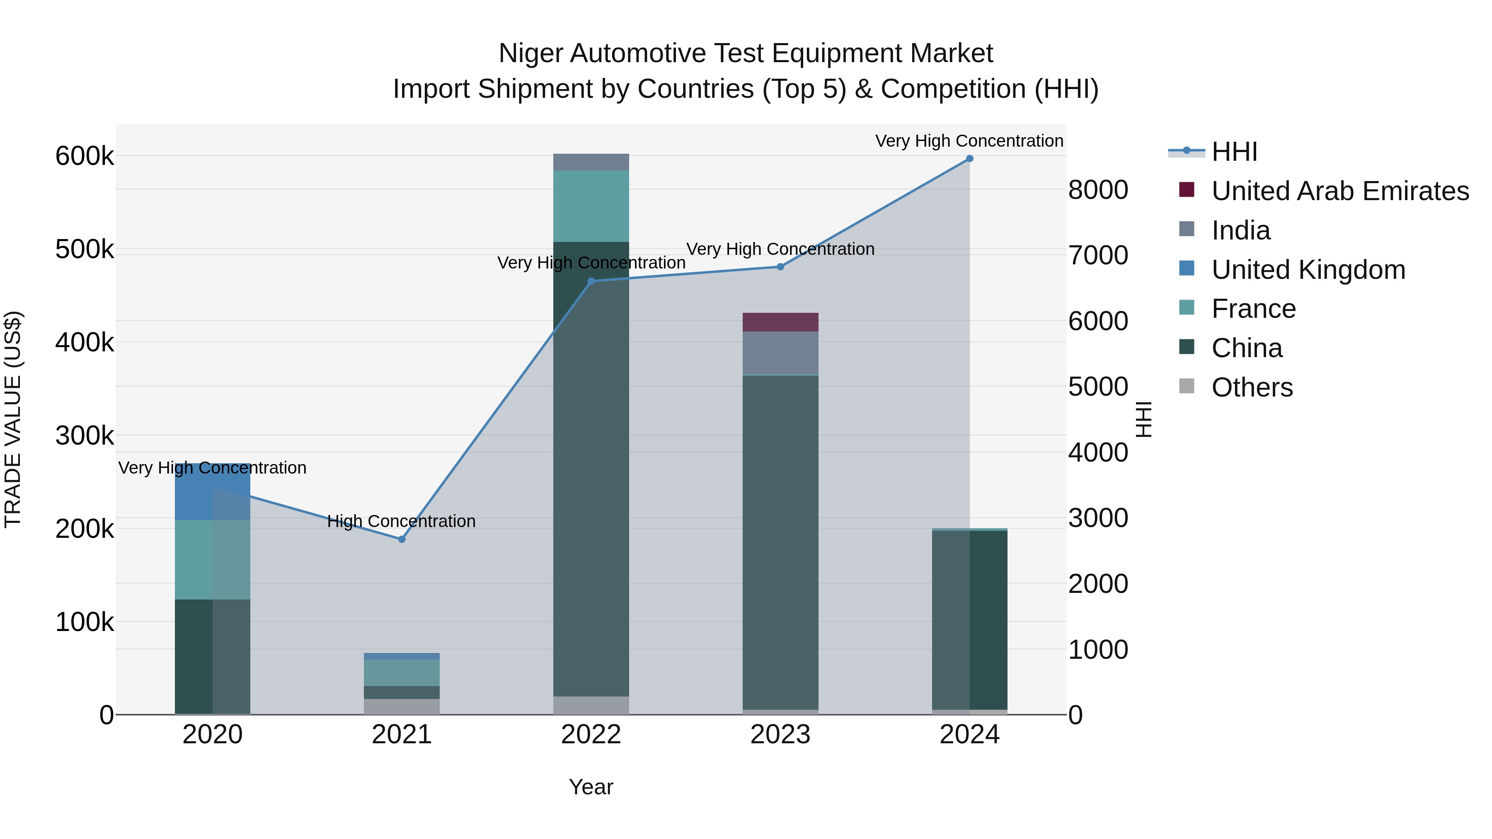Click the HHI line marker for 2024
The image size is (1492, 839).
(969, 159)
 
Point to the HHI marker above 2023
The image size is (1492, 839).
(780, 267)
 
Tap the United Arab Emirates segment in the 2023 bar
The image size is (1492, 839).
(780, 322)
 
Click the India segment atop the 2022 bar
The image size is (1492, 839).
(591, 162)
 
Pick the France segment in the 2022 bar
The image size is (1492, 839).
(591, 206)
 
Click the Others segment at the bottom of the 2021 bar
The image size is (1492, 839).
(401, 706)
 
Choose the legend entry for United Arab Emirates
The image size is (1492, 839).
(1339, 191)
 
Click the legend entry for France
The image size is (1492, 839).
(1253, 309)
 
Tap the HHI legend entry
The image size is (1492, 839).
(1234, 152)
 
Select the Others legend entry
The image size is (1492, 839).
(1251, 387)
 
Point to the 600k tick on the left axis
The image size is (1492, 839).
(85, 156)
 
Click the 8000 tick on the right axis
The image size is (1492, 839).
(1097, 190)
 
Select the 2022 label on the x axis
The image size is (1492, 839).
(591, 735)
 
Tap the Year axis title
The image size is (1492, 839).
(591, 787)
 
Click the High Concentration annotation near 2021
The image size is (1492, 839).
(401, 521)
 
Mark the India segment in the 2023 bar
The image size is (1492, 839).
(780, 353)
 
